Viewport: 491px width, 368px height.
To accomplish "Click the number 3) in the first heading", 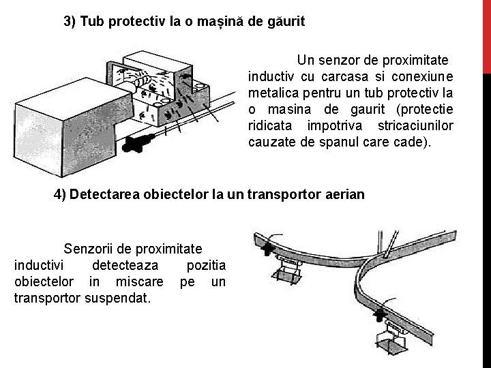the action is coord(70,21).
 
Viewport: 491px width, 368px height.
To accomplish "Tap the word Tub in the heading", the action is coord(93,21).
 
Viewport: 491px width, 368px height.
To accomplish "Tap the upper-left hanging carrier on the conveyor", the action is coord(289,270).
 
